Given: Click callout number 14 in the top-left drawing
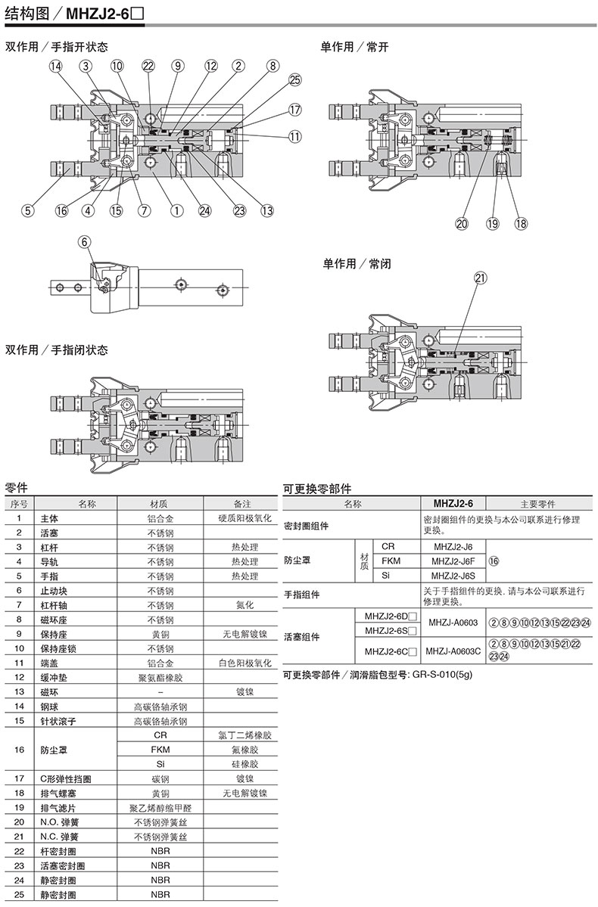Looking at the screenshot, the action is click(55, 66).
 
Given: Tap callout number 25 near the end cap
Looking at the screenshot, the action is click(294, 80).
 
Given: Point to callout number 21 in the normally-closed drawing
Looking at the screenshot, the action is click(481, 278).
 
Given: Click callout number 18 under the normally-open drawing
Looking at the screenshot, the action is click(521, 224).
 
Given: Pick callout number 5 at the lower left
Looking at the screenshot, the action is click(27, 210).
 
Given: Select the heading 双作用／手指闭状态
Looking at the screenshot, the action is click(57, 350).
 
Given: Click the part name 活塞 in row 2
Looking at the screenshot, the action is click(49, 533).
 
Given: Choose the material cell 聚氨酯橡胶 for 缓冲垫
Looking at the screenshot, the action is click(160, 677).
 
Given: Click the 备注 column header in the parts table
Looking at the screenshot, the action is click(242, 504).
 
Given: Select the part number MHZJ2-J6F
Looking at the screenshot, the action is click(453, 561).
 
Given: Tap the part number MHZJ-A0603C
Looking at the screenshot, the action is click(453, 651).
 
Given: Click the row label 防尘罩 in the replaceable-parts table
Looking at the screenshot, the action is click(297, 561).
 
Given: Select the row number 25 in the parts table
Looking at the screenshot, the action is click(19, 894).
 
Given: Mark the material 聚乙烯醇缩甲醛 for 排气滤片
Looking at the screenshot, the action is click(160, 807).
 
